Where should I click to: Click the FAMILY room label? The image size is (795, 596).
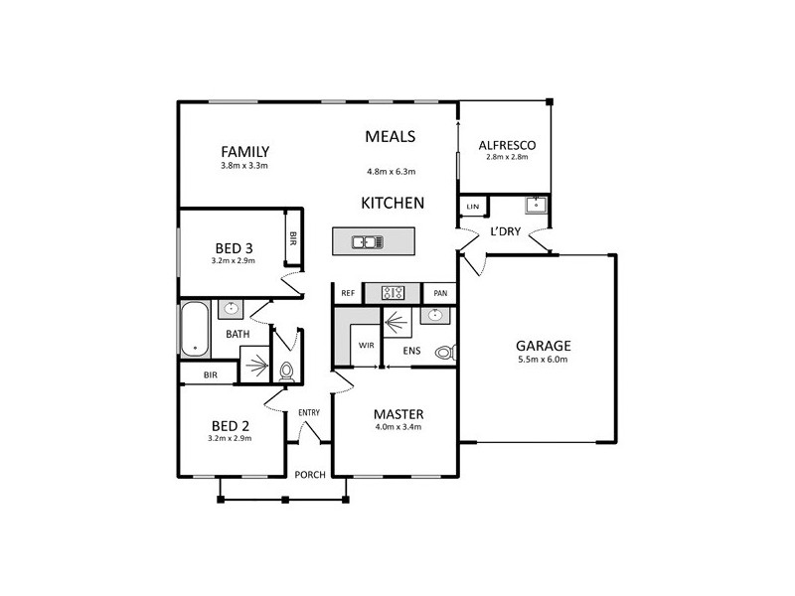pyautogui.click(x=245, y=152)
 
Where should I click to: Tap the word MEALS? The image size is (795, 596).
pyautogui.click(x=390, y=137)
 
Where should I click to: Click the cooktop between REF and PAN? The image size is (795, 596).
pyautogui.click(x=393, y=293)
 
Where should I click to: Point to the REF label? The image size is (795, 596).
pyautogui.click(x=348, y=293)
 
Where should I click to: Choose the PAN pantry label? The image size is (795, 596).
pyautogui.click(x=438, y=293)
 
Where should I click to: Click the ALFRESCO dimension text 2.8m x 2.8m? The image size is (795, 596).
pyautogui.click(x=507, y=157)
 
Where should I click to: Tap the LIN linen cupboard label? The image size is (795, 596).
pyautogui.click(x=472, y=207)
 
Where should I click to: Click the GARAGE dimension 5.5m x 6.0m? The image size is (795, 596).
pyautogui.click(x=542, y=360)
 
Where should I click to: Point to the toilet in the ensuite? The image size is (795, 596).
pyautogui.click(x=447, y=352)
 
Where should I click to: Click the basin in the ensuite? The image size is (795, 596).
pyautogui.click(x=434, y=316)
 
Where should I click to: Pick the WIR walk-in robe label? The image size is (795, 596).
pyautogui.click(x=366, y=345)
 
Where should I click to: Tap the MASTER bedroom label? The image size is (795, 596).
pyautogui.click(x=398, y=413)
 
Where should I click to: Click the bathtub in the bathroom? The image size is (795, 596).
pyautogui.click(x=196, y=330)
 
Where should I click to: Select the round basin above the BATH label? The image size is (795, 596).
pyautogui.click(x=233, y=309)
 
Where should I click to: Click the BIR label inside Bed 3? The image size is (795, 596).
pyautogui.click(x=293, y=238)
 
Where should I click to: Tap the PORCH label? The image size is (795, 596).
pyautogui.click(x=309, y=474)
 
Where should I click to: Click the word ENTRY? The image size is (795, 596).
pyautogui.click(x=308, y=413)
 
